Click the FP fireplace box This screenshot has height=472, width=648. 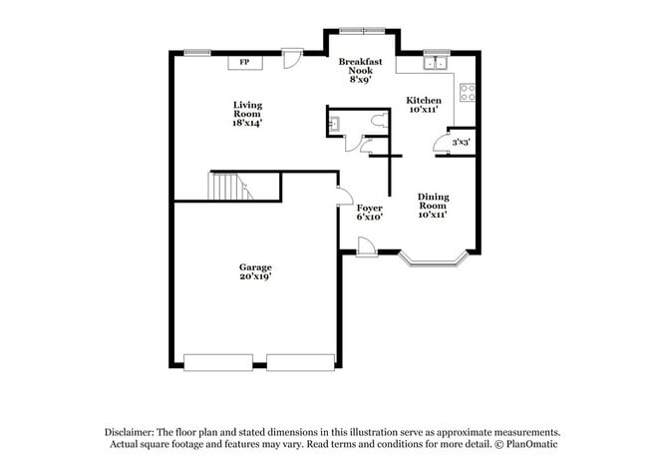(245, 63)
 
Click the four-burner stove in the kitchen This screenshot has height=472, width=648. (467, 94)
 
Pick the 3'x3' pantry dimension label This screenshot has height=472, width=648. (461, 143)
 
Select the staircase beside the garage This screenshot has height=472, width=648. (226, 187)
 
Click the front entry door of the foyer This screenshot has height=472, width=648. (366, 246)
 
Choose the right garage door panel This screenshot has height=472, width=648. (301, 362)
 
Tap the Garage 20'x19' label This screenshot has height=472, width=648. (255, 272)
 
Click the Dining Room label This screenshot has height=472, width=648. (433, 206)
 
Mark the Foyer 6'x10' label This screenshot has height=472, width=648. (370, 212)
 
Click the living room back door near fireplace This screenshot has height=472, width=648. (291, 60)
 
